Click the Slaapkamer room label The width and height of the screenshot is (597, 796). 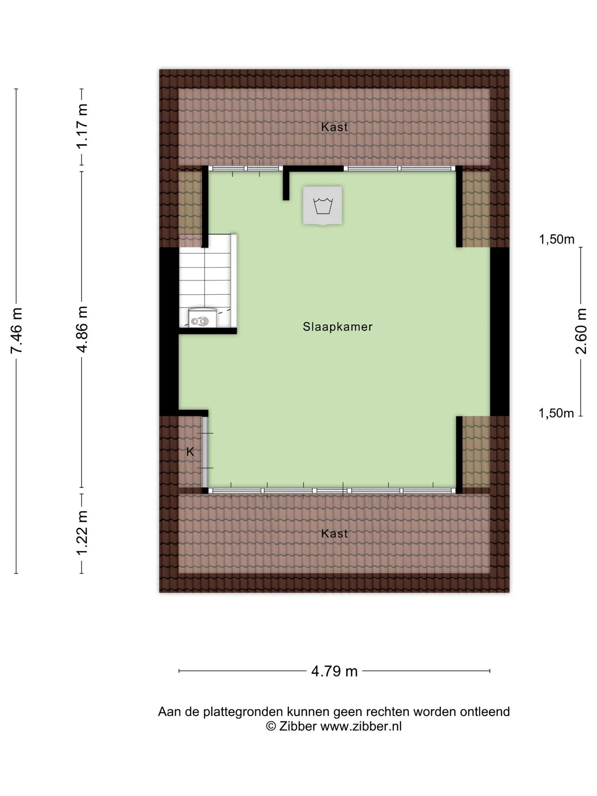coord(337,327)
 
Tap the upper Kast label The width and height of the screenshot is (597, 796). coord(335,127)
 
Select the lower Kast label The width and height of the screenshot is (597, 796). coord(335,534)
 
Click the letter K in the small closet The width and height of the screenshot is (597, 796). coord(190,452)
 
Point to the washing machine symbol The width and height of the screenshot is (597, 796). coord(323,206)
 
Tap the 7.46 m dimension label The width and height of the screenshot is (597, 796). coord(17,331)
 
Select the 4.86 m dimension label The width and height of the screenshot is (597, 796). coord(82,330)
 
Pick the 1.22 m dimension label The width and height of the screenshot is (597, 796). coord(82,533)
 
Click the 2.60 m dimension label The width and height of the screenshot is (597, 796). coord(581,331)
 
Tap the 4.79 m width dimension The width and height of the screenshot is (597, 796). coord(335,671)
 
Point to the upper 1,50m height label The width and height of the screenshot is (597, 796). coord(557,239)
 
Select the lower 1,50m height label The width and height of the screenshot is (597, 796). coord(556,413)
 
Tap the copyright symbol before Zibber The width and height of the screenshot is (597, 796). coord(271,726)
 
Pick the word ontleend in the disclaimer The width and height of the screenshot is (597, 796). coord(485,712)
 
